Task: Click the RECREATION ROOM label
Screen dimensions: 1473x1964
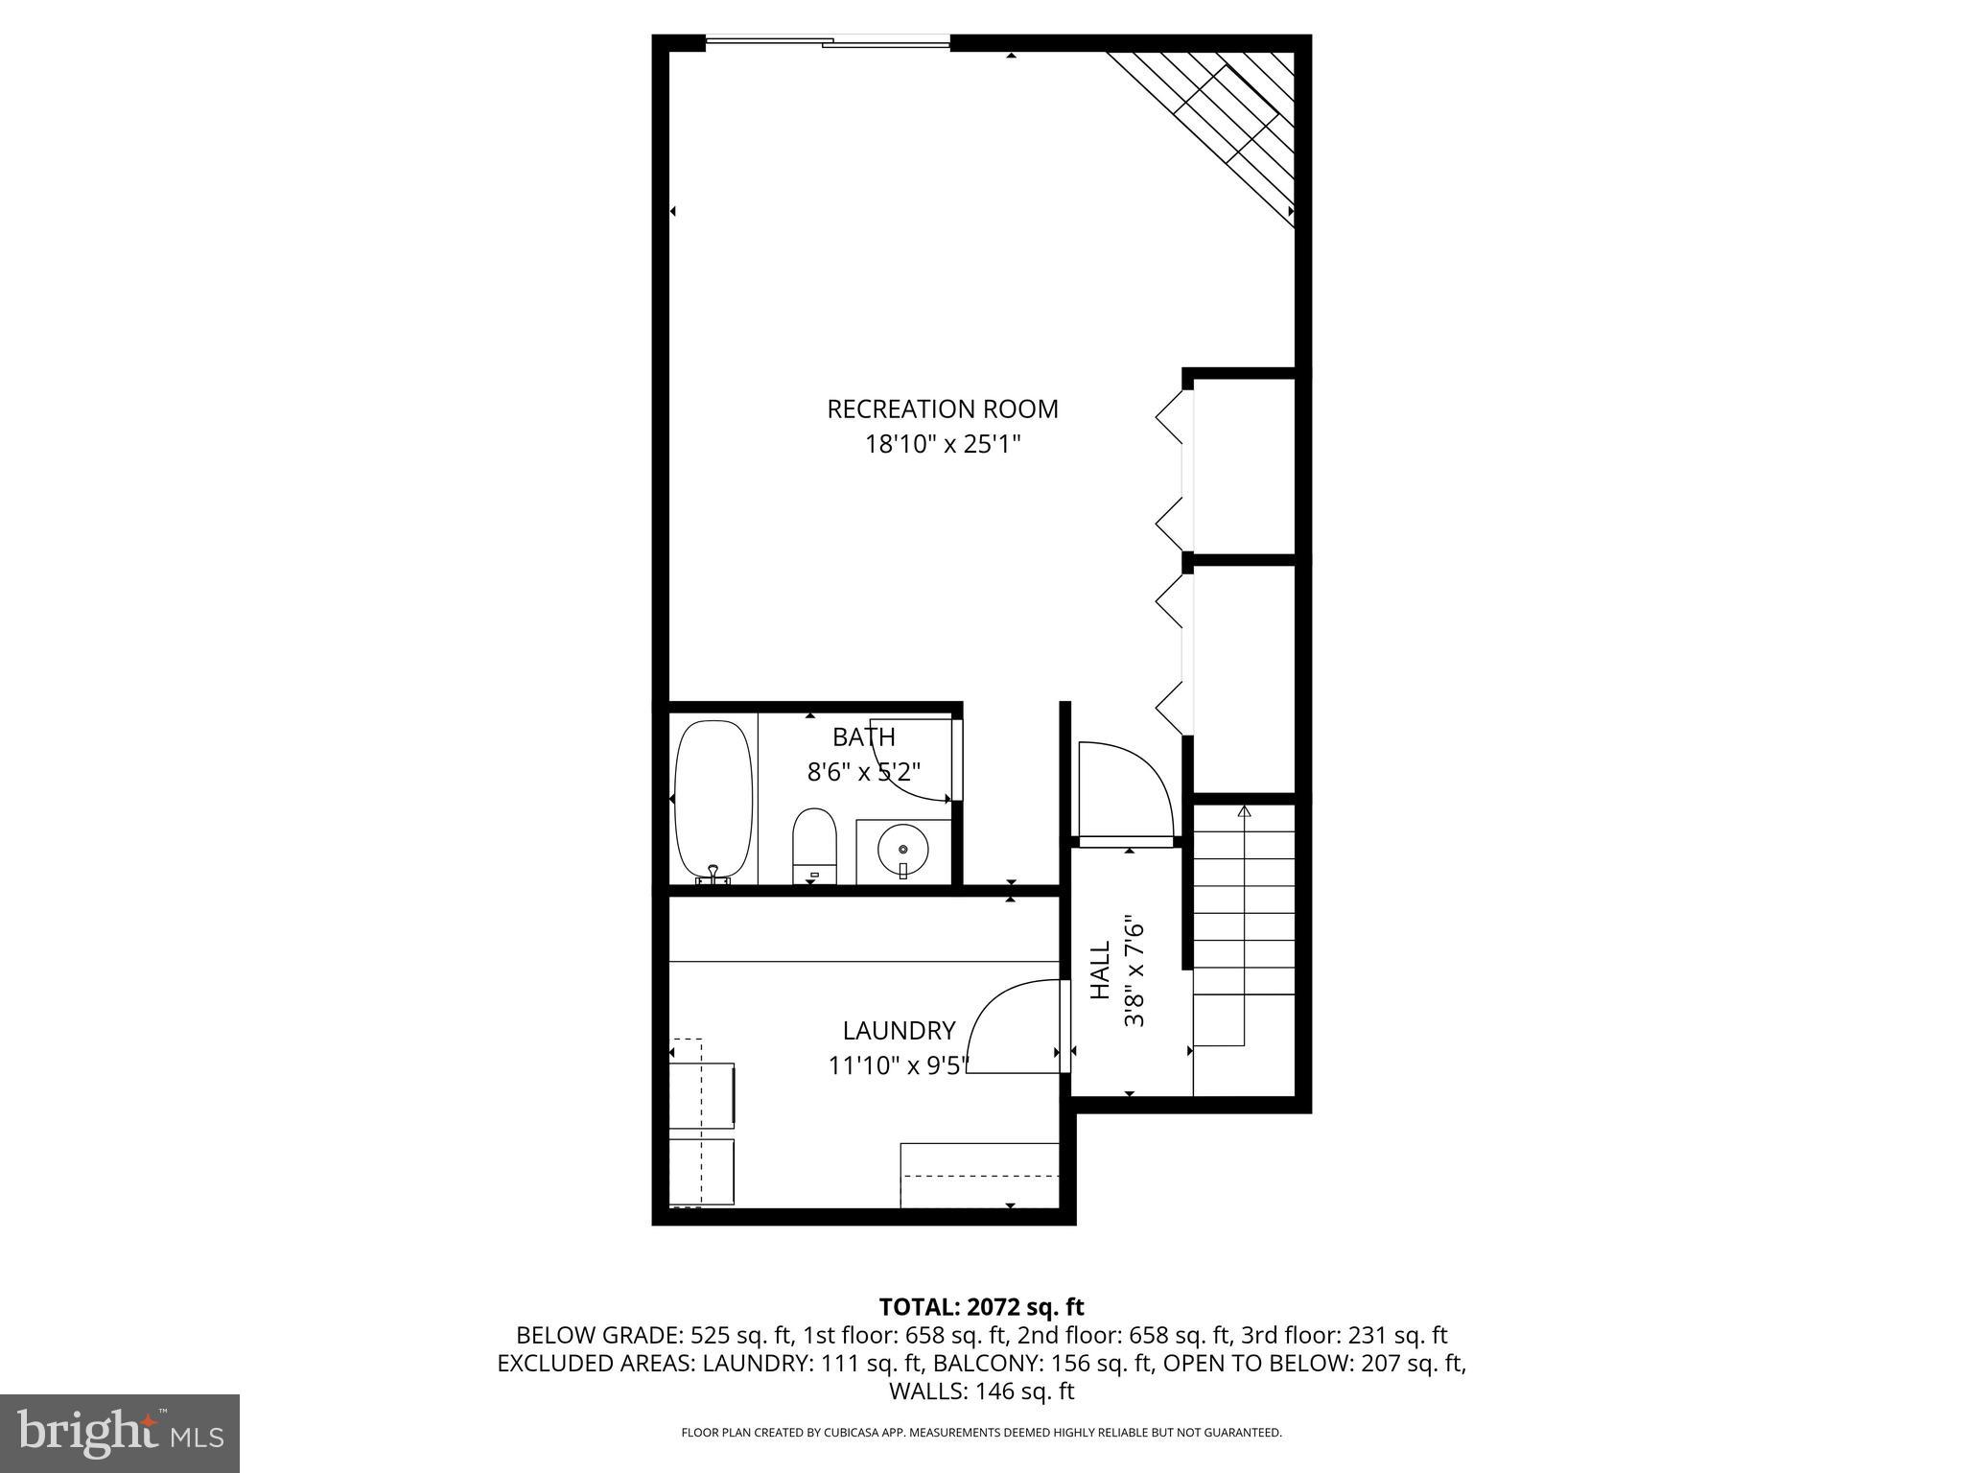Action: coord(943,409)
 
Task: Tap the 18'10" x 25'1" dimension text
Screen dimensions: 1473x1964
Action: coord(943,445)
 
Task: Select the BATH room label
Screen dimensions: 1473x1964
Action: coord(863,737)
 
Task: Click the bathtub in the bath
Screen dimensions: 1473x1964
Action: coord(713,800)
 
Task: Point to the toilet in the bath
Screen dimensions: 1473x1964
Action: coord(815,846)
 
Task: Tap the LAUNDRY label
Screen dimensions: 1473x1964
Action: coord(899,1031)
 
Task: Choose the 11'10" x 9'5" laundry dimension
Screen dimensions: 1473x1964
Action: coord(899,1065)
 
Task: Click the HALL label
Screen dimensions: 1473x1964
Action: coord(1101,970)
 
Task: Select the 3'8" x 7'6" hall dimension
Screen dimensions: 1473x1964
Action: coord(1134,970)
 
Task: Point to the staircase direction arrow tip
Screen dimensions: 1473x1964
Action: coord(1244,812)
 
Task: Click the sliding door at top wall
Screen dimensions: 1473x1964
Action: coord(828,41)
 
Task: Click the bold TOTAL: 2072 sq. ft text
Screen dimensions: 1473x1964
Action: coord(981,1306)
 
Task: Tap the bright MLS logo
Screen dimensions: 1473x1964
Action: coord(120,1433)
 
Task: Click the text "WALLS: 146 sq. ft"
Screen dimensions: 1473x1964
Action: coord(981,1391)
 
